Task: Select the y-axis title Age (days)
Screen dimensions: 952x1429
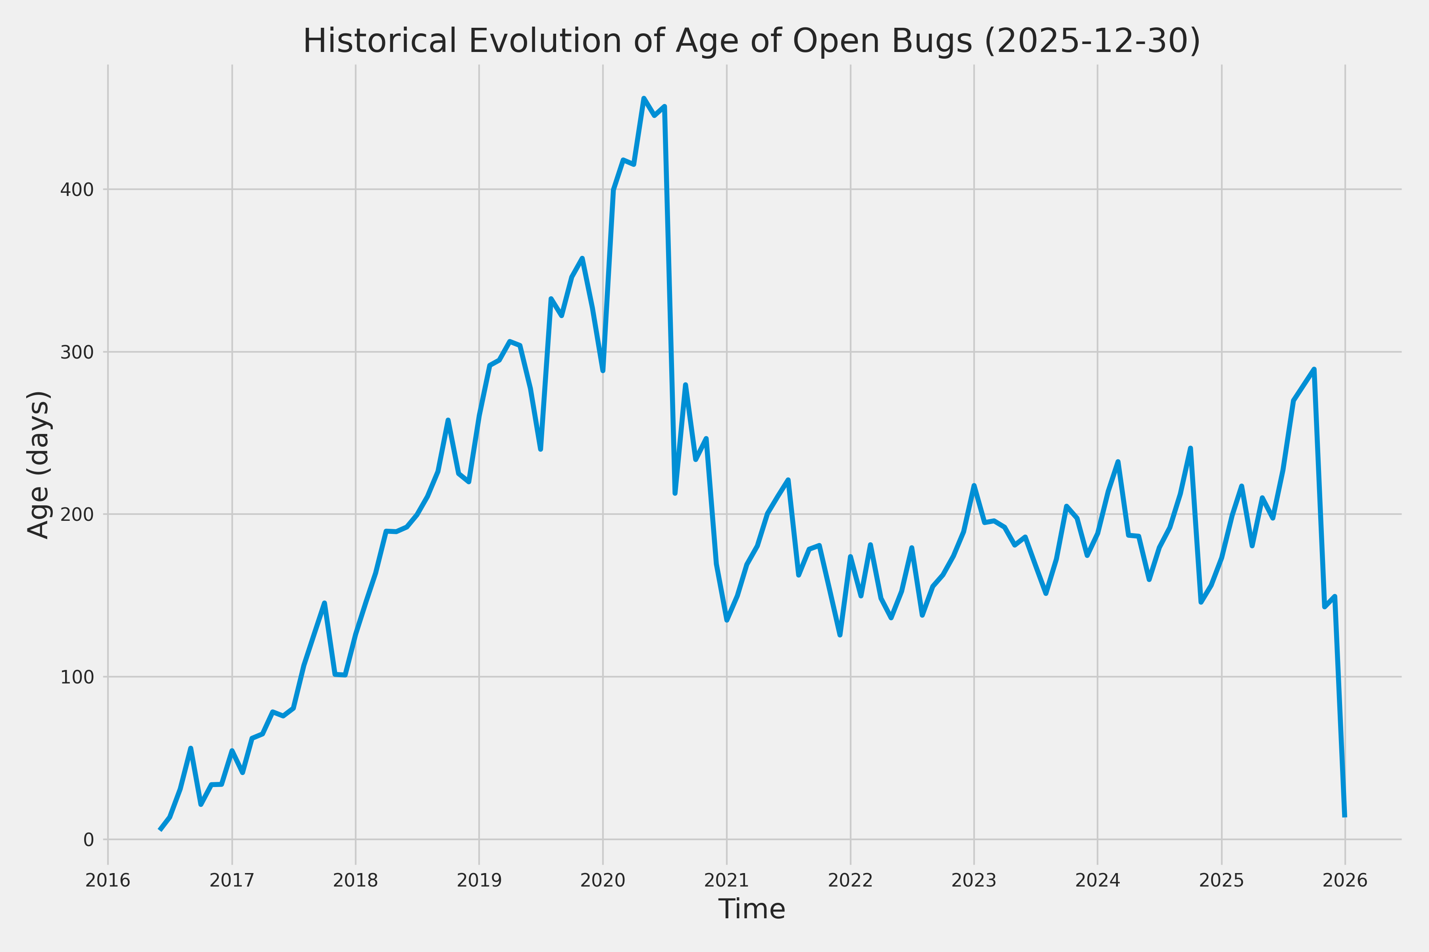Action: tap(39, 464)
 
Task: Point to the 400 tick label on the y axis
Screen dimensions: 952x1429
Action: tap(77, 190)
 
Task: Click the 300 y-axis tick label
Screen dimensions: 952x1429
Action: tap(77, 353)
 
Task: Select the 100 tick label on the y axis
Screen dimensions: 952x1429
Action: tap(77, 678)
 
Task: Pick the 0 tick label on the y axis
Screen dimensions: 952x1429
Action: tap(89, 840)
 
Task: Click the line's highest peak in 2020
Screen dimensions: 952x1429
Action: tap(643, 98)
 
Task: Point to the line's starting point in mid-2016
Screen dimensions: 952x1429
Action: tap(160, 829)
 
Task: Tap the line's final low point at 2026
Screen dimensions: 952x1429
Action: tap(1344, 816)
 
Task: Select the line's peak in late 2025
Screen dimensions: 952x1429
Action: tap(1313, 369)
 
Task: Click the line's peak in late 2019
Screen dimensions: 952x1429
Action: tap(582, 259)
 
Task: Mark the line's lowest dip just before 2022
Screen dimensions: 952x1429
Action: tap(840, 635)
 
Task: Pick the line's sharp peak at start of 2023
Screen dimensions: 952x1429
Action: tap(974, 485)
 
